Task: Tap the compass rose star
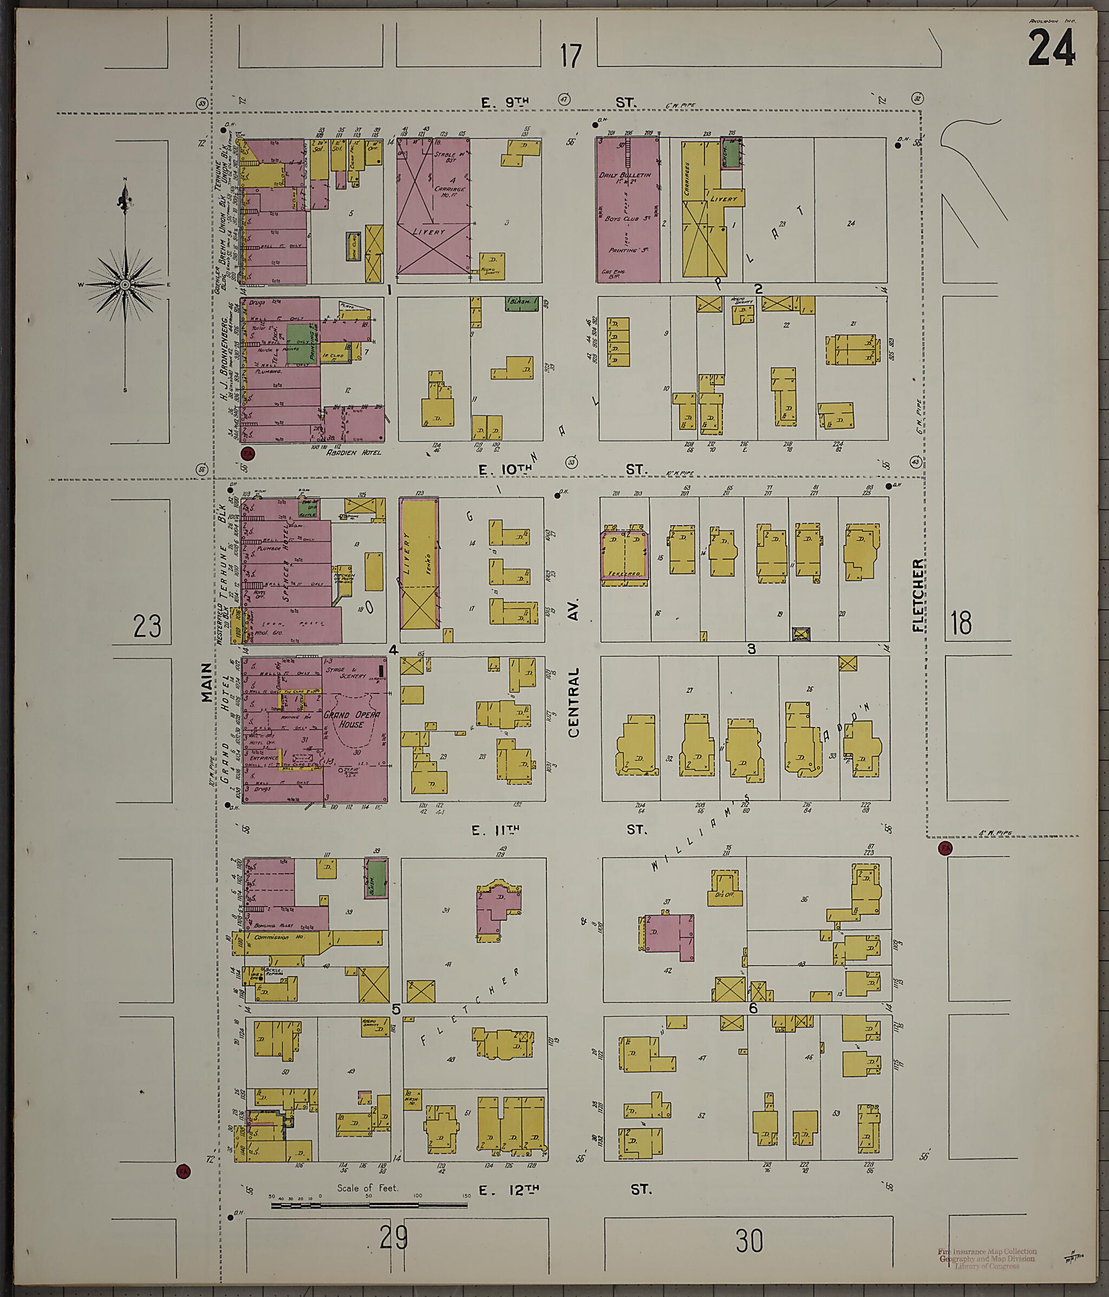point(125,285)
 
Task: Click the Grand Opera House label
point(351,719)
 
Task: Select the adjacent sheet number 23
point(147,626)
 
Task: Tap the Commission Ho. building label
point(271,937)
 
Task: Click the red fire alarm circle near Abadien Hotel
point(247,453)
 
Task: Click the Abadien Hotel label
point(353,452)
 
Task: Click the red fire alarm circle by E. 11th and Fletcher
point(944,849)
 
